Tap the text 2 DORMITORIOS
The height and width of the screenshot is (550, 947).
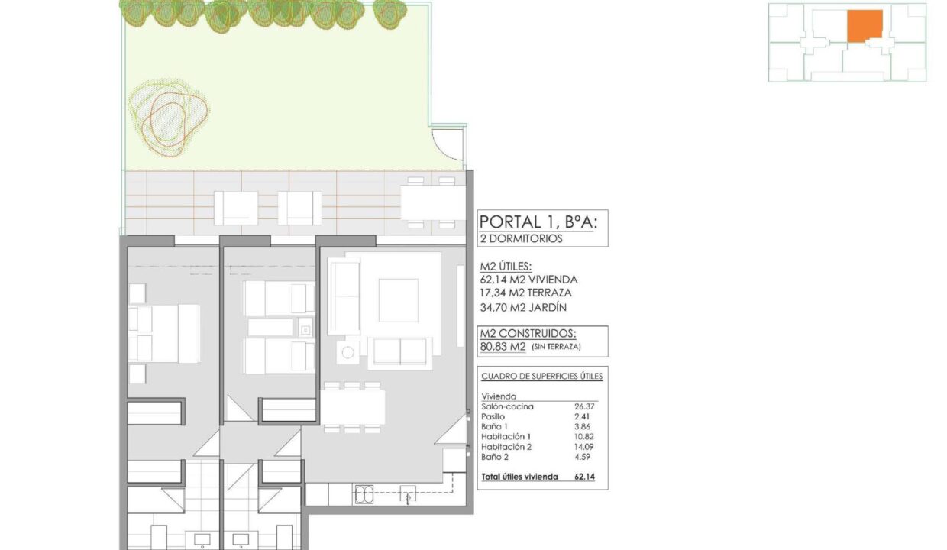(x=522, y=238)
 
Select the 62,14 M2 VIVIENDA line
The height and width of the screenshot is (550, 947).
(x=528, y=280)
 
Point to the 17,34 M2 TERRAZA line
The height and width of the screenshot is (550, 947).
(x=526, y=293)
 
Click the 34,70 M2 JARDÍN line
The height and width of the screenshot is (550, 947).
(x=523, y=307)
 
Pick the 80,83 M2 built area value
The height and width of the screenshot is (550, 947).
(x=503, y=347)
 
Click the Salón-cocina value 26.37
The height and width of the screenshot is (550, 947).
(x=584, y=406)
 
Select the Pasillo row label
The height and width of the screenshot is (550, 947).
(x=493, y=417)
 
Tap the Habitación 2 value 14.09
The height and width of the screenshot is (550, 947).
(x=583, y=447)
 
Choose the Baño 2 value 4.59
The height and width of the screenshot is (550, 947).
(x=583, y=457)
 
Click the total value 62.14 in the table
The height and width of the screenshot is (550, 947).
(x=585, y=477)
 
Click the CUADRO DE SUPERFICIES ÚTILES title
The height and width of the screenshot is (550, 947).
(x=542, y=377)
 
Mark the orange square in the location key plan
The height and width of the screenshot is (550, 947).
(x=865, y=26)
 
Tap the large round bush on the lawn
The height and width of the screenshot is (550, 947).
(x=168, y=118)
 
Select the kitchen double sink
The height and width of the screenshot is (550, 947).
(x=364, y=495)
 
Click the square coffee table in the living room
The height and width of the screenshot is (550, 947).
(x=398, y=300)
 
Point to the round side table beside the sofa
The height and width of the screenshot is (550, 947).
(x=348, y=353)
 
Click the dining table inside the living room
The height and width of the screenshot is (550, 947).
(x=353, y=407)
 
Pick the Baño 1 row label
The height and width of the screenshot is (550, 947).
(x=494, y=427)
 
